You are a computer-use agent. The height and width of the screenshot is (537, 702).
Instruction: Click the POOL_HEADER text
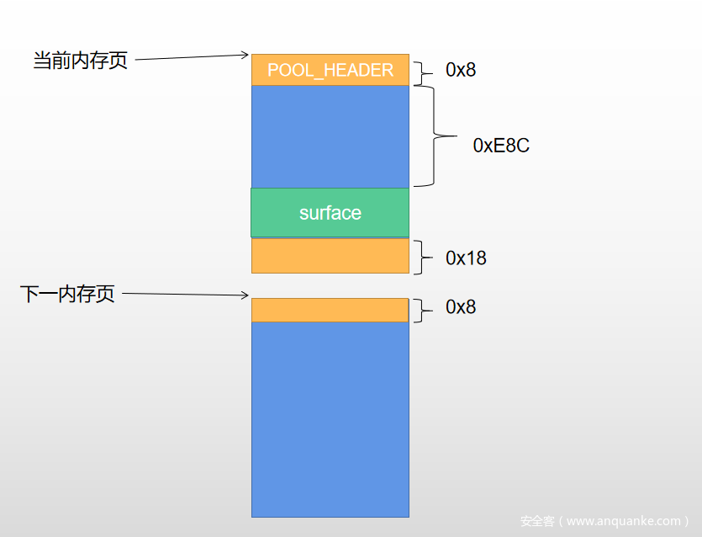click(330, 70)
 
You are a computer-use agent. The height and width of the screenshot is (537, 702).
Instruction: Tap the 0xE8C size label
click(501, 146)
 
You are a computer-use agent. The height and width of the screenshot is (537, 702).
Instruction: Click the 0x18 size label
click(466, 258)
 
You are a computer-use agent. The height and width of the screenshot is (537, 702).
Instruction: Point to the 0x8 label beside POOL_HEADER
click(461, 70)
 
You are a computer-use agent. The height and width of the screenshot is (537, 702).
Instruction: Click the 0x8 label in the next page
click(461, 307)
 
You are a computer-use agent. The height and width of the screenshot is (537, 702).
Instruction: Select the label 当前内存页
click(80, 61)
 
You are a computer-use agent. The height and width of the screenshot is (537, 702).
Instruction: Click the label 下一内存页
click(67, 295)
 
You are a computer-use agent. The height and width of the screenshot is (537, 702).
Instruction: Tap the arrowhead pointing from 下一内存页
click(245, 295)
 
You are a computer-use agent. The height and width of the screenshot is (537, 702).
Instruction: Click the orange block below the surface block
click(330, 256)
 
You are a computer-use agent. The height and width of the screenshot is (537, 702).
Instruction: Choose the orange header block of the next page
click(330, 310)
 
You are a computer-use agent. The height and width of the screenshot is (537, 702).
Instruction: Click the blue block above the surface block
click(330, 136)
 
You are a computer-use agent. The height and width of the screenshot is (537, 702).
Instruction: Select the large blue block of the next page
click(330, 419)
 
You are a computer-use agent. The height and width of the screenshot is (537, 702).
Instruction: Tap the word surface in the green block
click(330, 213)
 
